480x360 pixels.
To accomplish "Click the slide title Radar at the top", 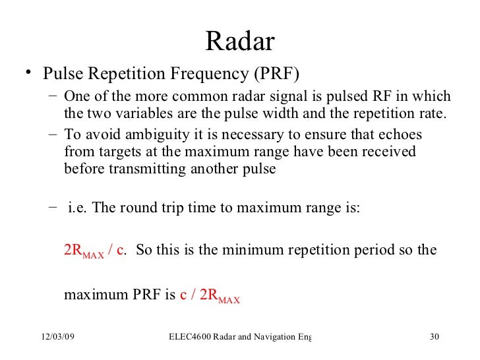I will (240, 42).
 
